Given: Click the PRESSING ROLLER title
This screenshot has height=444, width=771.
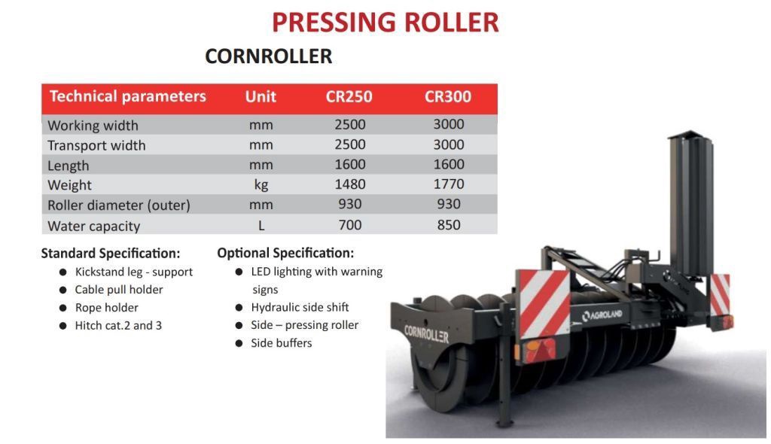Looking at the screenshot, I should (385, 23).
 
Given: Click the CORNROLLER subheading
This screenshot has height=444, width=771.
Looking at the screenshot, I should (268, 56).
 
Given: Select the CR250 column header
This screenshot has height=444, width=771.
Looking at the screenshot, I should (349, 96).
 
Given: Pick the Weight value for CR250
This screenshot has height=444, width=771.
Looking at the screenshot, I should (349, 184).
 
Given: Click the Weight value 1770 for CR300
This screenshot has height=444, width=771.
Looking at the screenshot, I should (448, 184).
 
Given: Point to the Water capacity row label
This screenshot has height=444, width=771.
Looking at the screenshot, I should (94, 226).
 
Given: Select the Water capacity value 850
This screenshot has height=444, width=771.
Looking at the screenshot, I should (448, 225).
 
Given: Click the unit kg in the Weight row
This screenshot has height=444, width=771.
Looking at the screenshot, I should (261, 184).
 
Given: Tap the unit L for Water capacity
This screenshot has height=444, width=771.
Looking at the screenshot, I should (261, 225).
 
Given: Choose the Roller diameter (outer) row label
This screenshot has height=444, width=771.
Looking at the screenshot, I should (119, 205).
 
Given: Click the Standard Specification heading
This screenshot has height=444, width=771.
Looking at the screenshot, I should (111, 253).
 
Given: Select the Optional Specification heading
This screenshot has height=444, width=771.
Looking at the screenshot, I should (285, 253).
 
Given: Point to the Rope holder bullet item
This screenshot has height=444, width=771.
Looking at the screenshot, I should (106, 307).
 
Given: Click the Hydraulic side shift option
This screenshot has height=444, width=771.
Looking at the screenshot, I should (300, 307).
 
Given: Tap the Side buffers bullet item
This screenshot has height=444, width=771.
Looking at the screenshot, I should (281, 342).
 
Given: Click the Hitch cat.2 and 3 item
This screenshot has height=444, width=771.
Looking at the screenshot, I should (117, 325).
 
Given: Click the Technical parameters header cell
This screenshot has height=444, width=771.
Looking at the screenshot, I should (127, 96).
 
